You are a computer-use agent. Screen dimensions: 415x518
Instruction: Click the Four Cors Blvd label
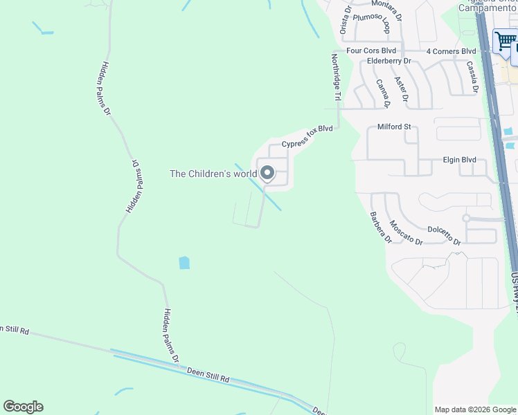coord(371,51)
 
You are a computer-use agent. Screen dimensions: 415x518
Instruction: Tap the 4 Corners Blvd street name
coord(452,51)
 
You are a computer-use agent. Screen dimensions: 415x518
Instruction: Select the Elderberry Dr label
coord(389,61)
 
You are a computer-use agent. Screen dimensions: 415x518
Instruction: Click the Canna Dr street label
coord(383,93)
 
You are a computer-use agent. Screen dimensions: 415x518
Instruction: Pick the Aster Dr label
coord(400,89)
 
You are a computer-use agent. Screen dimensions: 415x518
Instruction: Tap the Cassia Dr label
coord(472,77)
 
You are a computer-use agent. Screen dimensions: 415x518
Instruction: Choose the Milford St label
coord(394,127)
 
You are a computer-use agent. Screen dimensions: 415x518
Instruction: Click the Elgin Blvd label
coord(459,160)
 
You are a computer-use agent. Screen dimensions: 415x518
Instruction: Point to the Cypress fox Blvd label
coord(307,136)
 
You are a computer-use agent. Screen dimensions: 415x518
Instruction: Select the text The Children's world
coord(213,174)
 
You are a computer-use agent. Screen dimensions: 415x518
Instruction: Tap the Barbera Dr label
coord(380,227)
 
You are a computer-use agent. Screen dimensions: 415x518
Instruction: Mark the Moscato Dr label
coord(405,232)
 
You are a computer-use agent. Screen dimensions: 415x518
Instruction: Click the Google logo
coord(23,407)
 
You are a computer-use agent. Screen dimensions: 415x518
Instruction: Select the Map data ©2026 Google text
coord(474,409)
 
